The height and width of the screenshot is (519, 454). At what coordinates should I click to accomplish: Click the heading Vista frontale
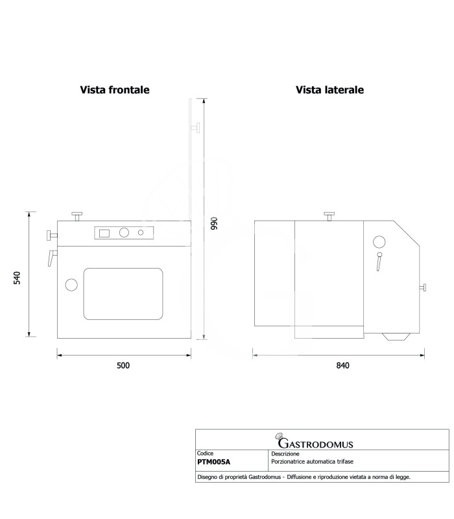[115, 90]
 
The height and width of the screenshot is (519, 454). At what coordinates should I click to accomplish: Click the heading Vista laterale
[329, 90]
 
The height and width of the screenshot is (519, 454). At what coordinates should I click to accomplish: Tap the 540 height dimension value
[17, 278]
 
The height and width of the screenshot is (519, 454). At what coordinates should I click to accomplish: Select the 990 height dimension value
[214, 223]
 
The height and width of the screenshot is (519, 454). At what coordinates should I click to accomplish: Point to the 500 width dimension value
[123, 365]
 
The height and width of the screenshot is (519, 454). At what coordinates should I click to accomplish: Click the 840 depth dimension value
[343, 365]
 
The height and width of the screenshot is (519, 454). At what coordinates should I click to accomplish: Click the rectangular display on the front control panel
[104, 233]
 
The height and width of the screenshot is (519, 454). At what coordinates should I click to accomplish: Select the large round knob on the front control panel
[124, 233]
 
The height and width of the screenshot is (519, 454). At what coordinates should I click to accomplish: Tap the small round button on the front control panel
[141, 233]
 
